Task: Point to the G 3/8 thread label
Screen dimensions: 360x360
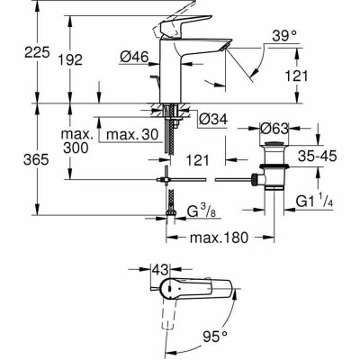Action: click(x=202, y=214)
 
